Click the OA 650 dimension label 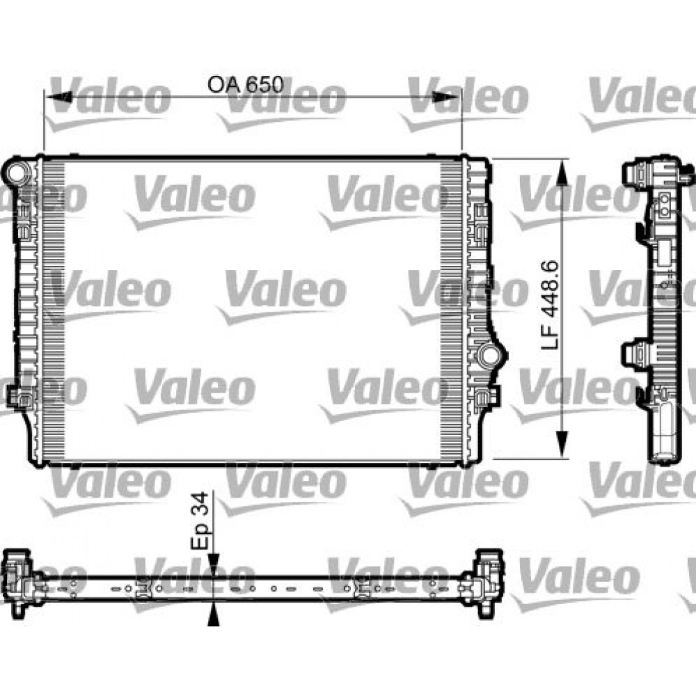point(246,84)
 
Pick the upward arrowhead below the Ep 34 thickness point(214,612)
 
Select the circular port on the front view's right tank point(489,355)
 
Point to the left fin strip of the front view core point(53,310)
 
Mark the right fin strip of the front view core point(453,310)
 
